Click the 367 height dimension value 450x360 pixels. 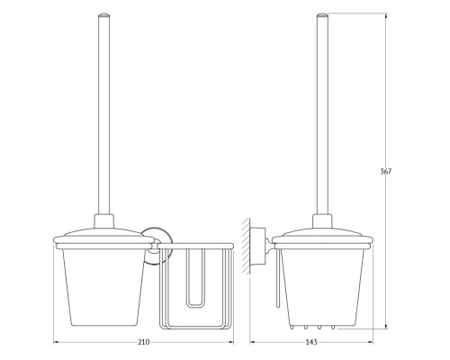(x=386, y=172)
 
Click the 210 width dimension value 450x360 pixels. (x=144, y=342)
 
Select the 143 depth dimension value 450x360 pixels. (x=311, y=342)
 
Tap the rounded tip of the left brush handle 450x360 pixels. (x=104, y=15)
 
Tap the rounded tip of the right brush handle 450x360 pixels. (x=322, y=15)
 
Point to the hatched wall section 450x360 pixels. (x=246, y=246)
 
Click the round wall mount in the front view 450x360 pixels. (x=155, y=246)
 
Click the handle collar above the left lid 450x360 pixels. (x=104, y=221)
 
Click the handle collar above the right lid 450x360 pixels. (x=322, y=221)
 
